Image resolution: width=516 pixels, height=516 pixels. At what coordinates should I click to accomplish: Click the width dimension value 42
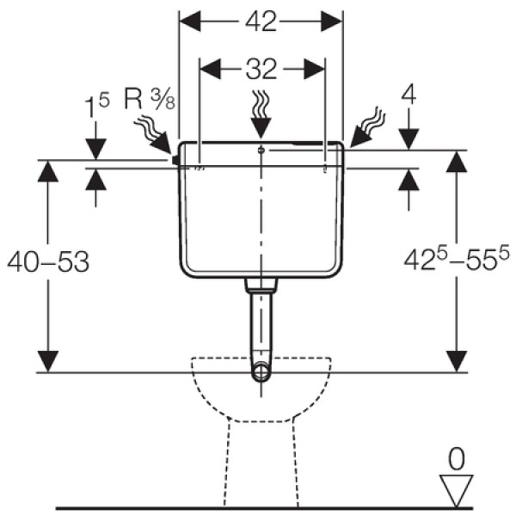tap(260, 23)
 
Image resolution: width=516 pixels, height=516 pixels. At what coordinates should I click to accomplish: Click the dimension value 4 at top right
tap(409, 95)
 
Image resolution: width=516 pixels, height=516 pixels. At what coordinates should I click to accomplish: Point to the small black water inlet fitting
tap(175, 158)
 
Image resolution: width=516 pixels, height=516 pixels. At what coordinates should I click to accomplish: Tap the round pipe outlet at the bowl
tap(261, 372)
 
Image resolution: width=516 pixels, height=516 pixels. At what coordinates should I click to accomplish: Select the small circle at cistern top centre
tap(261, 150)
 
